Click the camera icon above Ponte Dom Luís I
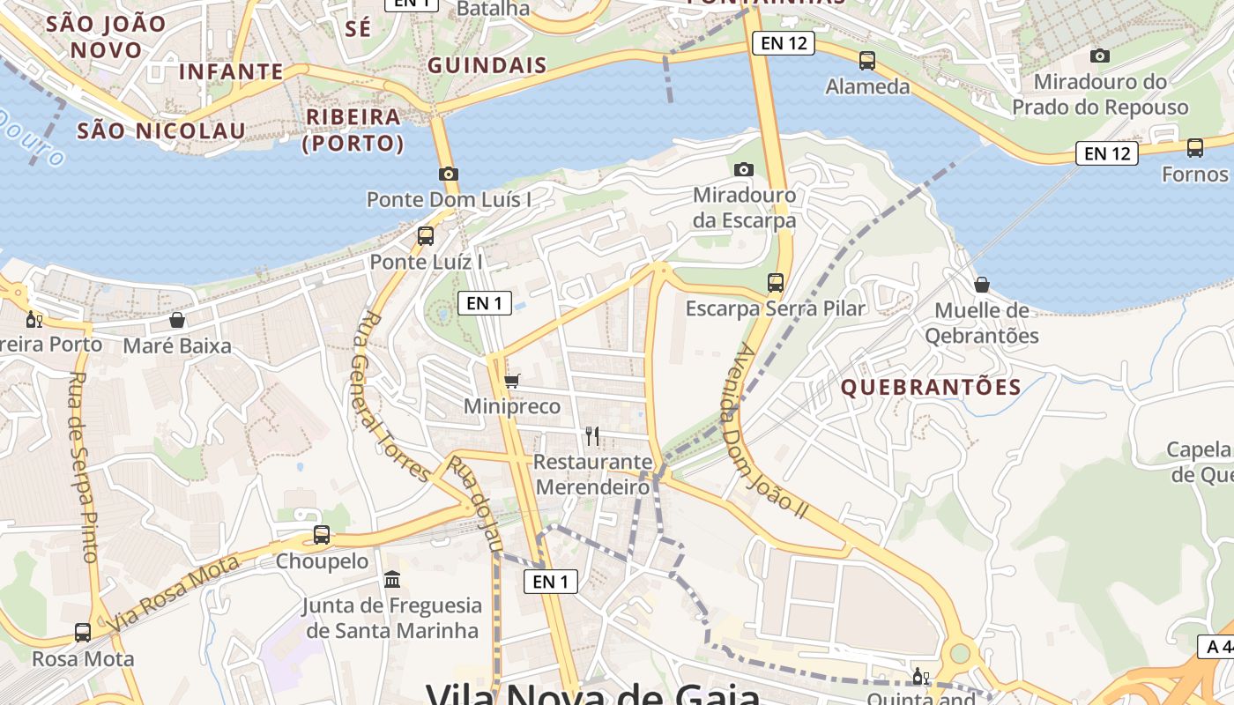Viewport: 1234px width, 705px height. point(448,174)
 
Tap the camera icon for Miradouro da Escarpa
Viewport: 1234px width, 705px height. point(744,169)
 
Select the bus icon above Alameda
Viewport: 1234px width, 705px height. point(867,61)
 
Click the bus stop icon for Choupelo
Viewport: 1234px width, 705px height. point(322,535)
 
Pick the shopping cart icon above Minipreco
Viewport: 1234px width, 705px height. point(511,381)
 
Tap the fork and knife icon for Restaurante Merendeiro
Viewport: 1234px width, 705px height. point(592,435)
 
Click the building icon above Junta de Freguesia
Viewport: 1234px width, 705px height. point(392,579)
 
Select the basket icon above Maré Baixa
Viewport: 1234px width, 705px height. point(177,320)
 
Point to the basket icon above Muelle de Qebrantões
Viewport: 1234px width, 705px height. point(981,285)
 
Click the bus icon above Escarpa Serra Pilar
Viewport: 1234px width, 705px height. point(776,283)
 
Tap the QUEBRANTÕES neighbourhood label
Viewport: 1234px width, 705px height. point(931,387)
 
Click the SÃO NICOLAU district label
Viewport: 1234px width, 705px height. point(161,131)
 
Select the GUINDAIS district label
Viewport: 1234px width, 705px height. point(487,65)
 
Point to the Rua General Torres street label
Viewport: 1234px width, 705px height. point(393,397)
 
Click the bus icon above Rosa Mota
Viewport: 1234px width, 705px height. point(83,632)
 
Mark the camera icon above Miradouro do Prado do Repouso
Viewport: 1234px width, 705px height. point(1099,56)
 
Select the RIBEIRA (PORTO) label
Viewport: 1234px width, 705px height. point(353,130)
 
